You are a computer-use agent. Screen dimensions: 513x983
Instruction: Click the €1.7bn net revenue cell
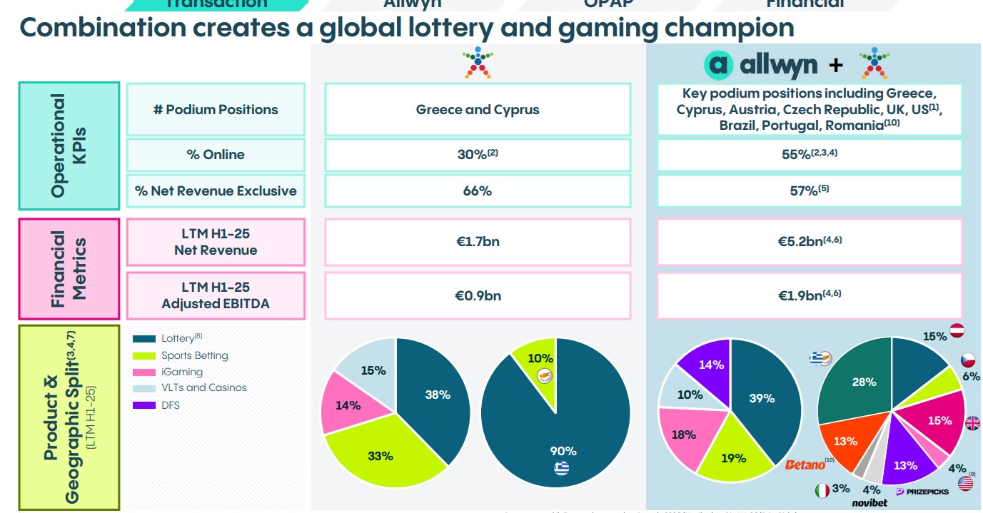click(478, 242)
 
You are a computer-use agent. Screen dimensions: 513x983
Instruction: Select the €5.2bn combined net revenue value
click(809, 242)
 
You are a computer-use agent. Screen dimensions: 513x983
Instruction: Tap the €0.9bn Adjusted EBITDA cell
click(478, 295)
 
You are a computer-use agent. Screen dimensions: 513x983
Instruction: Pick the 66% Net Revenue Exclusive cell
click(478, 191)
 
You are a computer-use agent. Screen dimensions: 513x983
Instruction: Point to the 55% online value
click(809, 154)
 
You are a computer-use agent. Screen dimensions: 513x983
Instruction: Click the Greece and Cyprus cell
click(478, 110)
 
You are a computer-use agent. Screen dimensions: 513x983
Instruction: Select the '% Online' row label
click(216, 154)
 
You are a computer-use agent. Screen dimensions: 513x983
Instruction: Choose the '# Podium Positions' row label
click(216, 110)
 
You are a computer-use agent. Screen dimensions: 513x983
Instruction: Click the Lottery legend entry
click(177, 338)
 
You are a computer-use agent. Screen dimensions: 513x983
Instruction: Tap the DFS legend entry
click(171, 405)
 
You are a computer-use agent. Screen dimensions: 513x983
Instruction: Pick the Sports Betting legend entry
click(194, 355)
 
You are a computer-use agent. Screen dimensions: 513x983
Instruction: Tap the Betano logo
click(805, 465)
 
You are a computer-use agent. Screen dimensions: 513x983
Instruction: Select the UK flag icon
click(972, 423)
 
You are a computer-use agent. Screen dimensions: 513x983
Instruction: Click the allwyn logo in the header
click(761, 65)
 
